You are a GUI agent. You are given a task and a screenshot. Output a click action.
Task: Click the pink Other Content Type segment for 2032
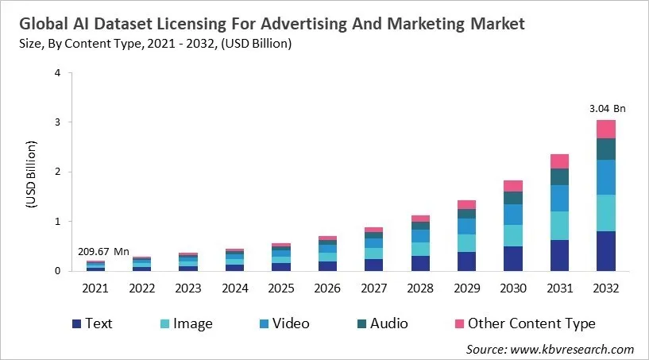[x=606, y=129]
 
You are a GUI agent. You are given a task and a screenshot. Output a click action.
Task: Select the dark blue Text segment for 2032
[x=606, y=250]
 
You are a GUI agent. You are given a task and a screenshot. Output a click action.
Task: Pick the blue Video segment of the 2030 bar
[x=512, y=215]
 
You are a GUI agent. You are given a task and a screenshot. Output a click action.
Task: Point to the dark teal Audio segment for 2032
[x=606, y=149]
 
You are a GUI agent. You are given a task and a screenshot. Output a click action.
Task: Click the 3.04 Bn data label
[x=606, y=108]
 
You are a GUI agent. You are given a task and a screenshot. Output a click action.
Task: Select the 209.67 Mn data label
[x=103, y=251]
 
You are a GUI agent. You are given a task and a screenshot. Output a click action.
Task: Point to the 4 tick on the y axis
[x=57, y=73]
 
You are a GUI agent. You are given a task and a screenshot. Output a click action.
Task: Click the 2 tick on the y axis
[x=57, y=172]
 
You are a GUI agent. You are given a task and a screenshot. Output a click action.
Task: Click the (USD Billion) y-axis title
[x=32, y=172]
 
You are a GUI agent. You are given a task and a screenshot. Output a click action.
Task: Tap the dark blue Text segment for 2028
[x=419, y=263]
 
